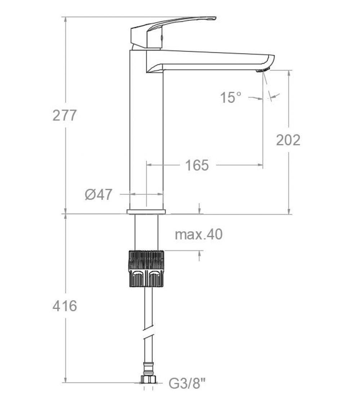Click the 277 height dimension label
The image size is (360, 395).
[65, 115]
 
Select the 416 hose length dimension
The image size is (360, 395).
[65, 306]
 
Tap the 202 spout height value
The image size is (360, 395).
[288, 140]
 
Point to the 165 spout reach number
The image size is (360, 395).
[197, 165]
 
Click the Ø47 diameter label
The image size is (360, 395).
[99, 195]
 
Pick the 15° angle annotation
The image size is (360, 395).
[231, 97]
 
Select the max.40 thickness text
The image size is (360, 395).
[199, 235]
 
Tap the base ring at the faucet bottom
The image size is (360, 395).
[146, 212]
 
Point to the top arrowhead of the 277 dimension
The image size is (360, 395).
[66, 20]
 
